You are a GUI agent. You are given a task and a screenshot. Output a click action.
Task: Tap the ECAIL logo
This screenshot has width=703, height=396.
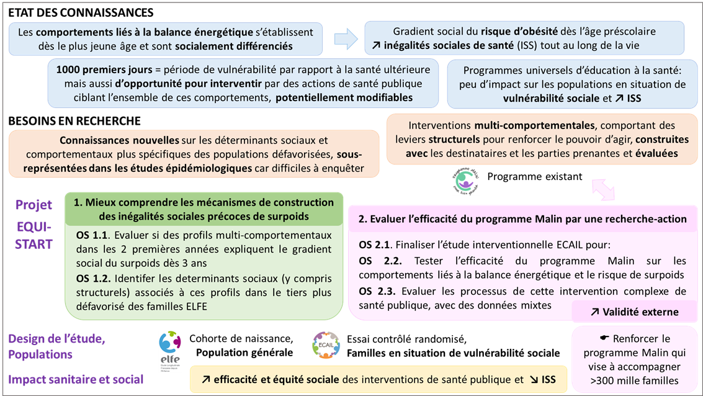click(x=326, y=345)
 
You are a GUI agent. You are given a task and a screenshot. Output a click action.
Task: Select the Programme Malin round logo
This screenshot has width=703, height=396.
click(x=465, y=181)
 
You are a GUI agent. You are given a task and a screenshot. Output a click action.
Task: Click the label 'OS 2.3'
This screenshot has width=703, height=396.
click(x=374, y=290)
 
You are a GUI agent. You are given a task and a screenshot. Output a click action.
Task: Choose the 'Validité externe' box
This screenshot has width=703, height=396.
click(x=634, y=312)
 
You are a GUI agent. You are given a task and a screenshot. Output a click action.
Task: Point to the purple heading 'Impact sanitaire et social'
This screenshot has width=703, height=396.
click(x=76, y=379)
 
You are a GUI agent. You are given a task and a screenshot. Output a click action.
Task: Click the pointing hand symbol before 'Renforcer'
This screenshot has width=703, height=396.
click(x=605, y=338)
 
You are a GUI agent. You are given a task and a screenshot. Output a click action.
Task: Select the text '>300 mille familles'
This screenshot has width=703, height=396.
click(x=634, y=380)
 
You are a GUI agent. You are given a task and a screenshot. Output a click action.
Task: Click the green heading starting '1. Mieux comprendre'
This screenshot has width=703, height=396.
click(x=204, y=209)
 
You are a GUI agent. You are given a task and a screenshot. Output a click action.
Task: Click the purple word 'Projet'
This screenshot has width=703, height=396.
click(x=34, y=205)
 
